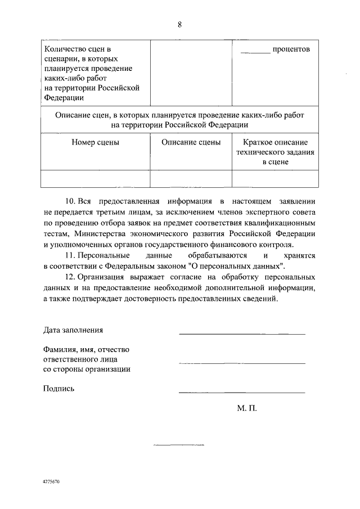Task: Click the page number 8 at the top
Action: click(180, 24)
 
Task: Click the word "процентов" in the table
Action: click(291, 49)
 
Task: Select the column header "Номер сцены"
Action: click(95, 142)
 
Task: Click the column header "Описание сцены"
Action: click(191, 142)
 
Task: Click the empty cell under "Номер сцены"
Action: click(95, 178)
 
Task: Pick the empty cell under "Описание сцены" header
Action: click(191, 178)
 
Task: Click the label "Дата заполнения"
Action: click(73, 330)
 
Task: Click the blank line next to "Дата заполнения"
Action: click(242, 334)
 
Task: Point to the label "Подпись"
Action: click(58, 388)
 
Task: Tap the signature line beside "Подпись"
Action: click(242, 392)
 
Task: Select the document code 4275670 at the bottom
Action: click(51, 482)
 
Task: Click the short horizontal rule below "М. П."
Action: click(179, 445)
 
